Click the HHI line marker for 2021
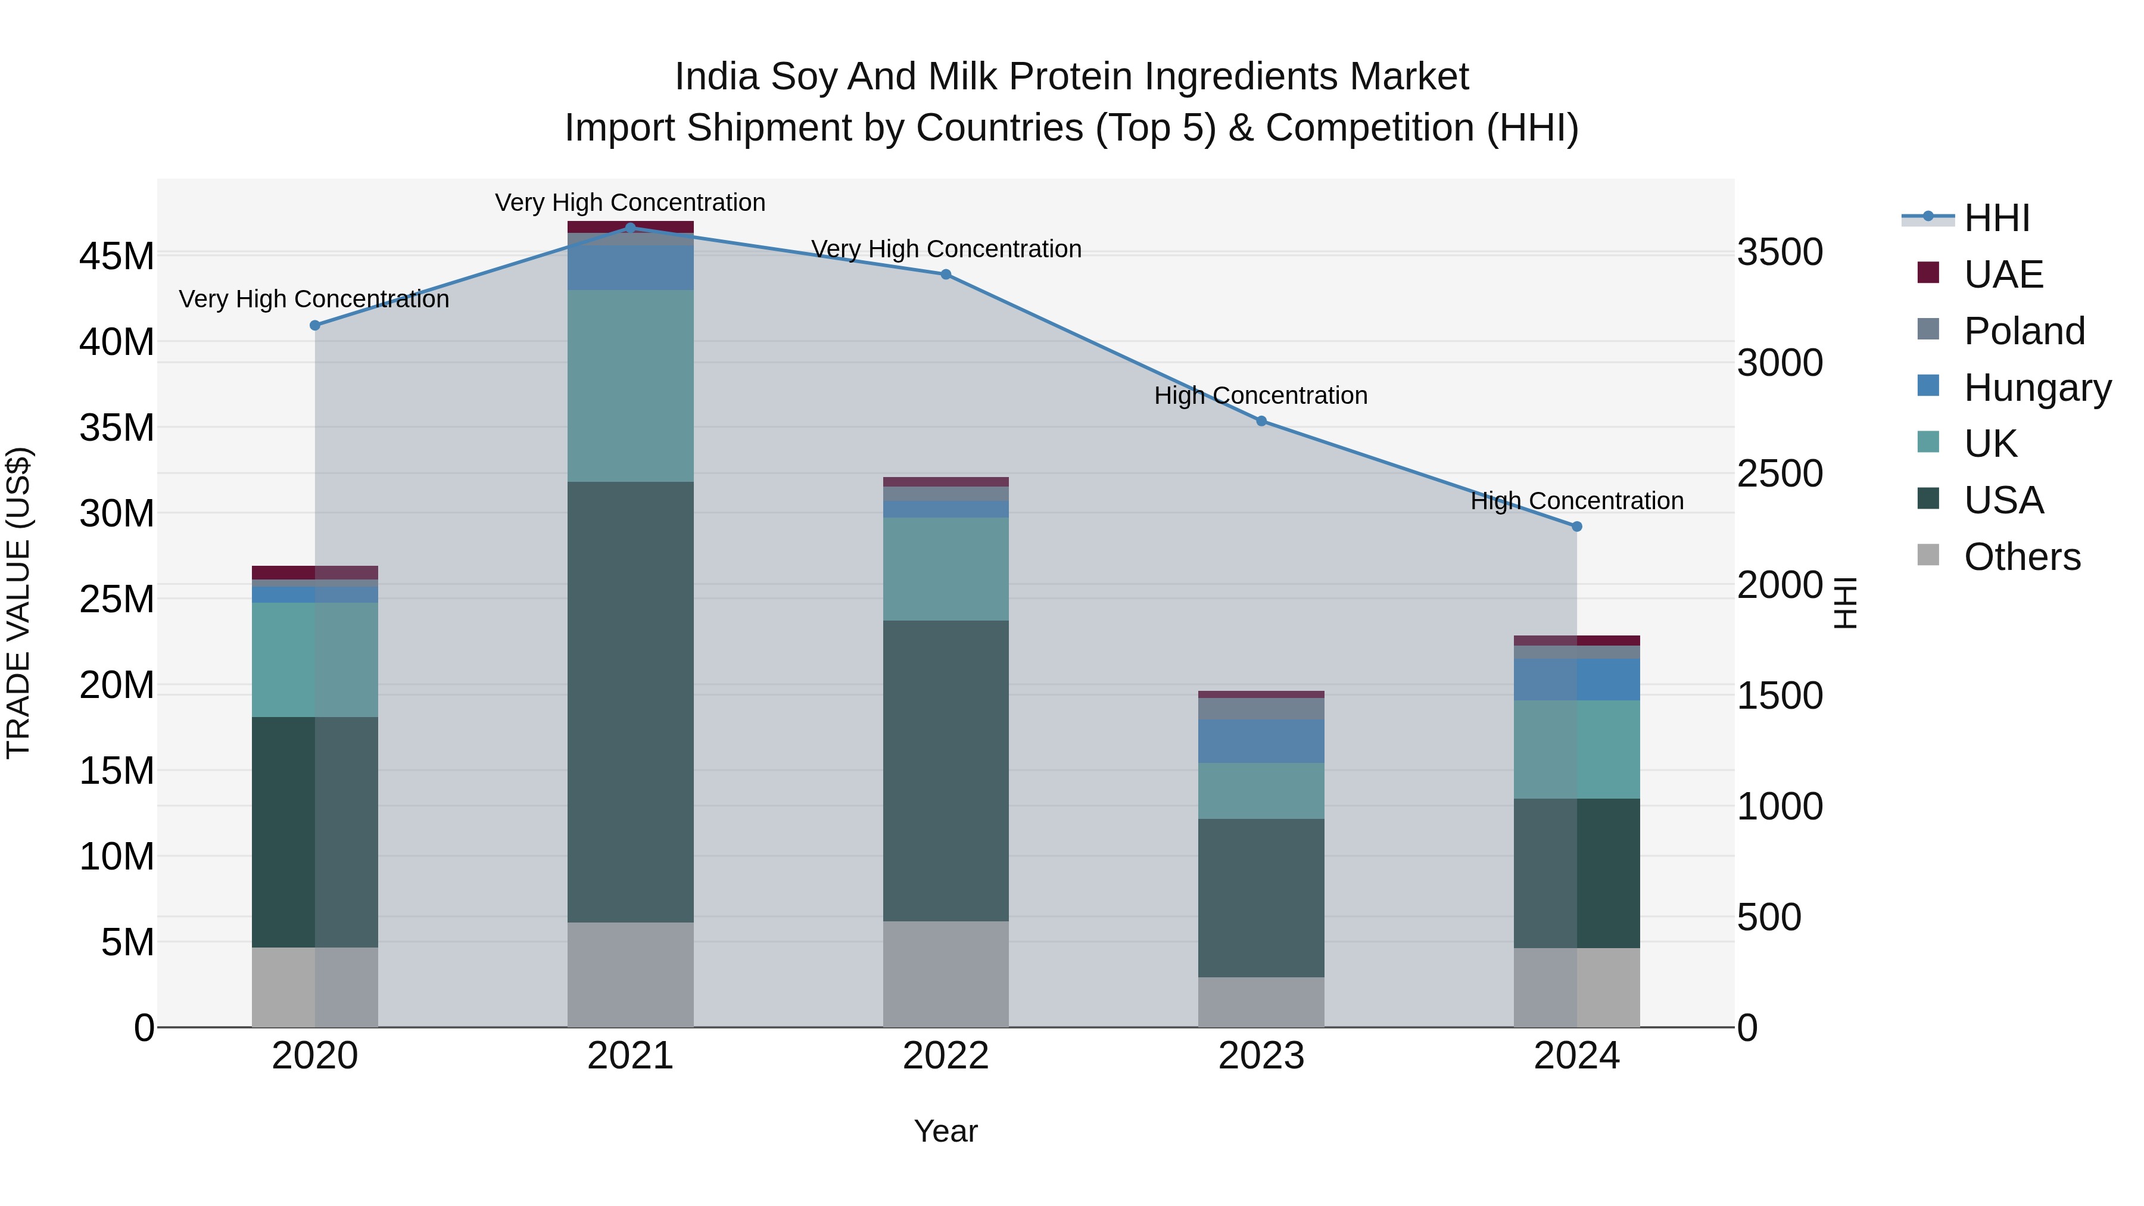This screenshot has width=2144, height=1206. pos(630,228)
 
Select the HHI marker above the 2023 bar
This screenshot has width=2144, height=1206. pos(1261,421)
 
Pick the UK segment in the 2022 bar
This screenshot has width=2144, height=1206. pos(946,569)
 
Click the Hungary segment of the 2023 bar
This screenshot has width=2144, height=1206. pos(1261,741)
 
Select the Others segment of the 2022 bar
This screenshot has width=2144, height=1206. pos(946,973)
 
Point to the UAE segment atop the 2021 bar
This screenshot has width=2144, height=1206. pos(630,226)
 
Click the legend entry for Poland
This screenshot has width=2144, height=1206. pos(2023,331)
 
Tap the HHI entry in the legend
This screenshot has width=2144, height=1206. pos(1996,218)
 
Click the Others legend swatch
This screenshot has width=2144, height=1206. pos(1928,555)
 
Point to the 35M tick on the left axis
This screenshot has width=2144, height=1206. pos(117,428)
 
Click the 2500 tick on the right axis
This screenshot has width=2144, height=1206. pos(1780,473)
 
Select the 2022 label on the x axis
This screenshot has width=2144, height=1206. pos(946,1056)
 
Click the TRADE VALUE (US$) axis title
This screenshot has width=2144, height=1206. pos(18,603)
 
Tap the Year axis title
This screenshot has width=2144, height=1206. pos(946,1131)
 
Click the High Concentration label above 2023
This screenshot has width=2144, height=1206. pos(1260,395)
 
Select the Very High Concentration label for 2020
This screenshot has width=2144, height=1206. pos(314,299)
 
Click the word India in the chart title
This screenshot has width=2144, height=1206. pos(716,77)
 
